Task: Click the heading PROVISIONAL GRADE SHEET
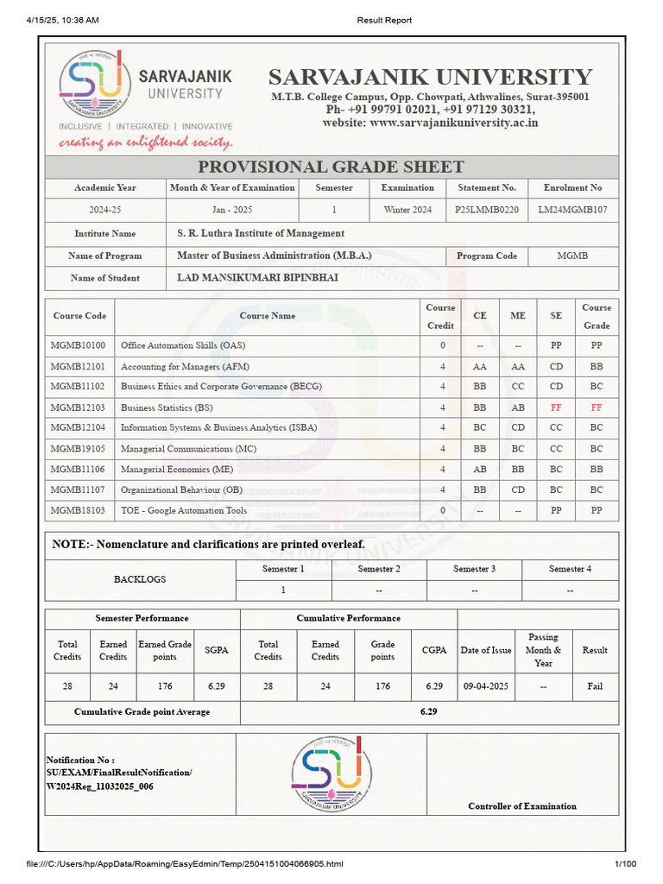tap(331, 167)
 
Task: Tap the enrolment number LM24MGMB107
tap(572, 210)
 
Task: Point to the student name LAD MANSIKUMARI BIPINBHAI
tap(257, 278)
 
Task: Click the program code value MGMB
tap(572, 256)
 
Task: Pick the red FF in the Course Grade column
tap(596, 407)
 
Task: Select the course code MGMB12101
tap(78, 366)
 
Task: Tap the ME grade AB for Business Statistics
tap(517, 407)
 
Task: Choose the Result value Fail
tap(594, 686)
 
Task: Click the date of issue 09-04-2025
tap(486, 686)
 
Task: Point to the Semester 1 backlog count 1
tap(283, 590)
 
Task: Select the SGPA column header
tap(217, 650)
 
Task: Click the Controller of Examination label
tap(522, 806)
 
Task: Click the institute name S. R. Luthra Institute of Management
tap(261, 233)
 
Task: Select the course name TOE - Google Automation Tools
tap(184, 510)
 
